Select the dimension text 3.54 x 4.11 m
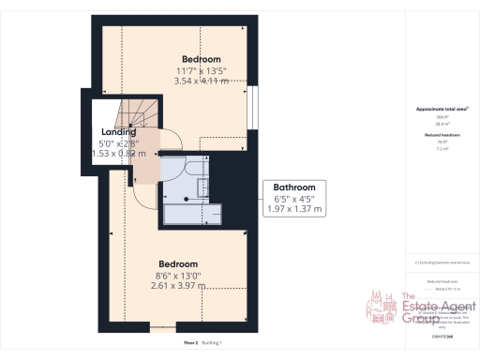[202, 82]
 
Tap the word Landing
[119, 132]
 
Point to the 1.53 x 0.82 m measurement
[119, 154]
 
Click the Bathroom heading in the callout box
[293, 186]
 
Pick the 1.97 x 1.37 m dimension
[293, 211]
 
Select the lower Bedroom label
[176, 263]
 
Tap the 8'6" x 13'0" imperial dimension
[176, 277]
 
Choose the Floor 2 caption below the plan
[190, 343]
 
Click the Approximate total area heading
[442, 110]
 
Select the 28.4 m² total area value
[442, 122]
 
